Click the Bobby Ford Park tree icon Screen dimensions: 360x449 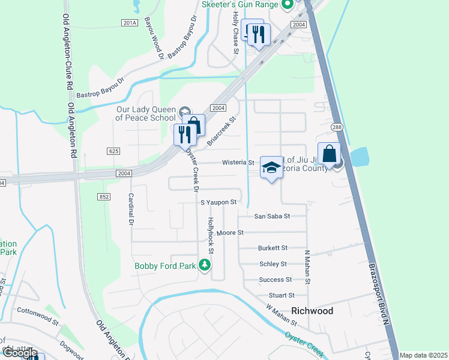[205, 265]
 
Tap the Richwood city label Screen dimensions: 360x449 [312, 311]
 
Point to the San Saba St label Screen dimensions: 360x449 [272, 216]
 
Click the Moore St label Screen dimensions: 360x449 [230, 232]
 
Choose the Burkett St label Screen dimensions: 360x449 [273, 248]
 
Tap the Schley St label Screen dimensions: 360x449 [273, 264]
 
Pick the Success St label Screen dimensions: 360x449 [275, 280]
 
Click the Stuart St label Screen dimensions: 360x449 [282, 295]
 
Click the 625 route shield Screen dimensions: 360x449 [114, 151]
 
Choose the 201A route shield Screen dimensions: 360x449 [129, 23]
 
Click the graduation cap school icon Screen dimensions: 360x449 [271, 167]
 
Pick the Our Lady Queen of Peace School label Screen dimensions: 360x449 [146, 113]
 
